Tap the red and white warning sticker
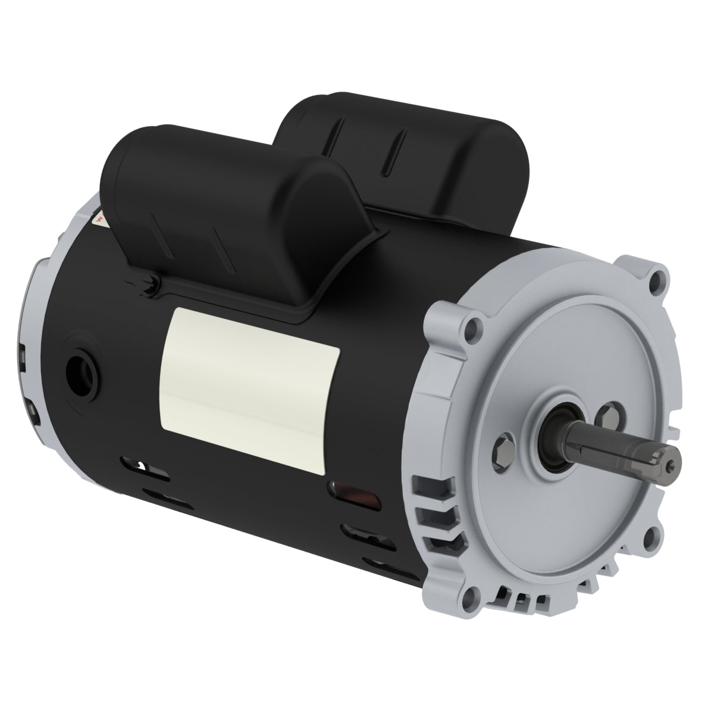coord(102,221)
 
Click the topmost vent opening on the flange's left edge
coord(427,485)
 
